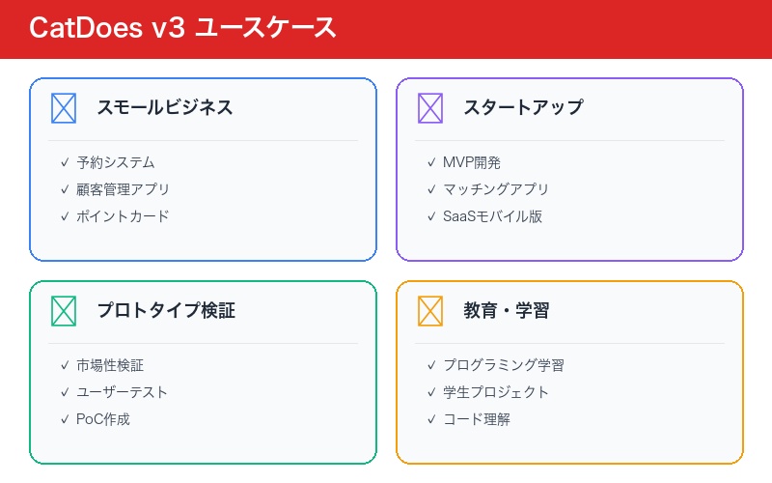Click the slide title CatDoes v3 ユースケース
tap(183, 28)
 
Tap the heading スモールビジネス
tap(165, 107)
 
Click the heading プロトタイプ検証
tap(166, 310)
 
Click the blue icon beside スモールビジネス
tap(64, 107)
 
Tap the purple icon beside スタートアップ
tap(430, 107)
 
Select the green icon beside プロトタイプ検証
tap(64, 310)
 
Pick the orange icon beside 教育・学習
tap(430, 310)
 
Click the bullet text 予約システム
tap(116, 162)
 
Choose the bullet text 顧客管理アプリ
tap(124, 189)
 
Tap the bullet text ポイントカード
tap(123, 216)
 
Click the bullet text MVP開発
tap(472, 162)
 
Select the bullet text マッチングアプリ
tap(496, 189)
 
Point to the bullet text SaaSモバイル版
tap(492, 216)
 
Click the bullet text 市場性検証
tap(110, 365)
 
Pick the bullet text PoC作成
tap(103, 419)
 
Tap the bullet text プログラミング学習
tap(504, 365)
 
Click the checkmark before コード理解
tap(431, 419)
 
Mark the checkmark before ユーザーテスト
tap(65, 392)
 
